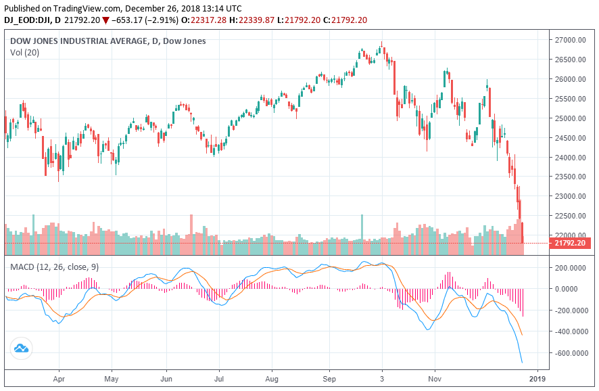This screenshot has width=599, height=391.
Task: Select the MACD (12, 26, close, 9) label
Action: [x=54, y=267]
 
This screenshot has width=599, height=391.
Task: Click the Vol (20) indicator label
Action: [x=24, y=52]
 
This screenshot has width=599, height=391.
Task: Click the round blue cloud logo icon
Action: [x=21, y=348]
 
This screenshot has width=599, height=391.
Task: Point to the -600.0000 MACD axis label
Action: [x=572, y=353]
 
